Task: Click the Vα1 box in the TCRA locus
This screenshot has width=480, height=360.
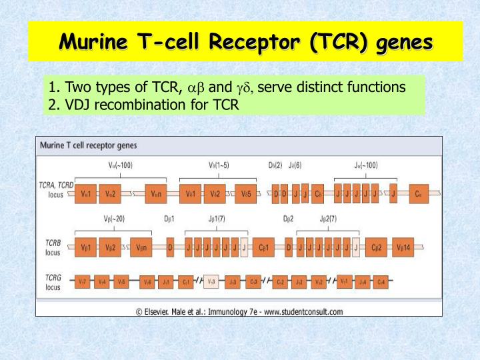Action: pos(86,193)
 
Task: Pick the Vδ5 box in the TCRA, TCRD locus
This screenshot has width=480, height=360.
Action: pos(245,193)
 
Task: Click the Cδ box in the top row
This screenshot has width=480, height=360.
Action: pos(318,193)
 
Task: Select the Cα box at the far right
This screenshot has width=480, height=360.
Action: pos(418,193)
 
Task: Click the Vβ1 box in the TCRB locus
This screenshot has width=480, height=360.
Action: pos(86,247)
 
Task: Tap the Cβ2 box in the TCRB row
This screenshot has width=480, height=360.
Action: pos(377,247)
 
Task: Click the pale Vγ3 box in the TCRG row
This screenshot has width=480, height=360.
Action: pos(211,281)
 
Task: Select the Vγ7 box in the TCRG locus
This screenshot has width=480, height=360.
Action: pos(82,281)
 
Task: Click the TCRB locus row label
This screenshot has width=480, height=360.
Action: pos(53,247)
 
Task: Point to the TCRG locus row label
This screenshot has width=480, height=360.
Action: pos(53,281)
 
